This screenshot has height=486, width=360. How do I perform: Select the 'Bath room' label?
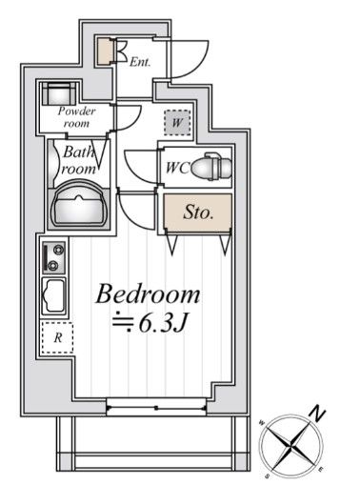(x=78, y=158)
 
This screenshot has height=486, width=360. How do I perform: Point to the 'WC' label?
(x=177, y=167)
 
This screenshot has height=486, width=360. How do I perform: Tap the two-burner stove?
(x=54, y=258)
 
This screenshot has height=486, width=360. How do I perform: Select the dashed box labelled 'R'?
(x=57, y=337)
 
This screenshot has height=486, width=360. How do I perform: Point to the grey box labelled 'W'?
(x=176, y=122)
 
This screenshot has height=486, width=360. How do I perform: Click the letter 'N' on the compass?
(x=318, y=414)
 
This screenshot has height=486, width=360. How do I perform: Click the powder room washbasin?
(x=62, y=93)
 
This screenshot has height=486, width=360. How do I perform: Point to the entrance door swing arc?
(x=195, y=57)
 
